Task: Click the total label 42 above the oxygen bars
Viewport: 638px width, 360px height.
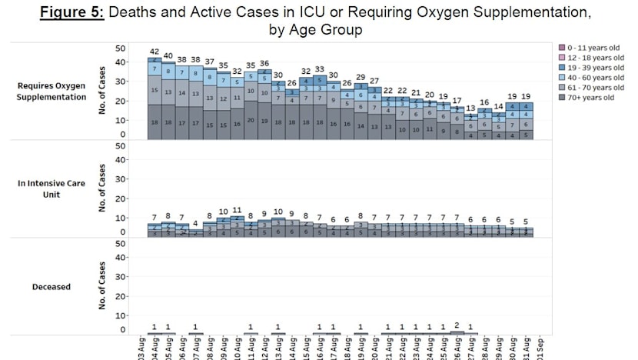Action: tap(154, 52)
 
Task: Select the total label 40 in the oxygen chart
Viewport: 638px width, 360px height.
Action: tap(168, 56)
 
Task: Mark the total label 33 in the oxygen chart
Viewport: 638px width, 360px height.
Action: tap(319, 69)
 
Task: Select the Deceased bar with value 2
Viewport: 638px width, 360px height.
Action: tap(457, 333)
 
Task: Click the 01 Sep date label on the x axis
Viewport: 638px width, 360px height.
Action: tap(540, 348)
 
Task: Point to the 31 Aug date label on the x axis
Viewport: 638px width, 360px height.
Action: tap(526, 348)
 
